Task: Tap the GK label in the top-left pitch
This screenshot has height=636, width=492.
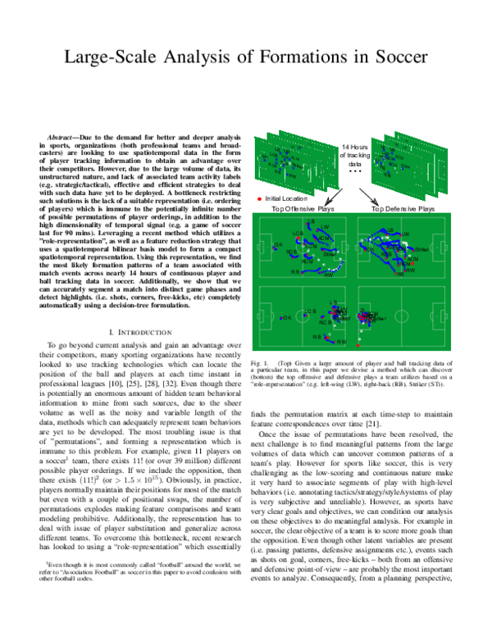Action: pyautogui.click(x=279, y=244)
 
